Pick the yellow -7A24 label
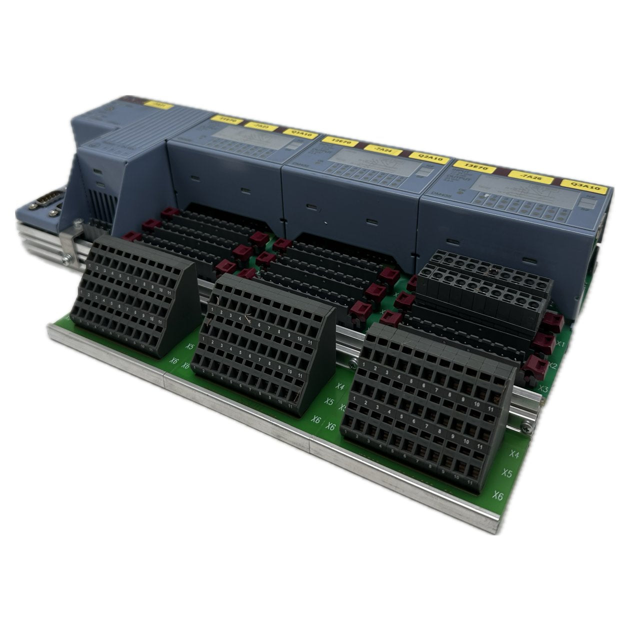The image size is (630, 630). pyautogui.click(x=381, y=149)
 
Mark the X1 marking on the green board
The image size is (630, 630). pyautogui.click(x=560, y=344)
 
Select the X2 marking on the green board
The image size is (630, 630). pyautogui.click(x=552, y=366)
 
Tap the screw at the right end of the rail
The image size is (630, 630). pyautogui.click(x=525, y=427)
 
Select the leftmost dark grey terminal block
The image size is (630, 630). pyautogui.click(x=135, y=295)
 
